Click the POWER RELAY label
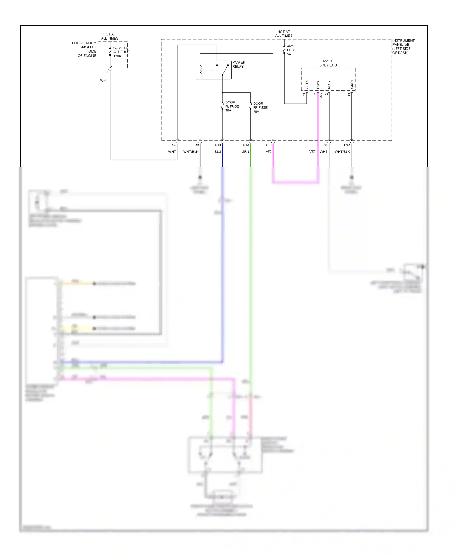pyautogui.click(x=239, y=64)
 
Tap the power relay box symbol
pyautogui.click(x=213, y=70)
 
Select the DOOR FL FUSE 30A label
pyautogui.click(x=232, y=106)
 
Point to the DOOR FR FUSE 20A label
pyautogui.click(x=260, y=108)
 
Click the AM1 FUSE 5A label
pyautogui.click(x=291, y=50)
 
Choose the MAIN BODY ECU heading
pyautogui.click(x=328, y=63)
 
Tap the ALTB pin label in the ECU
pyautogui.click(x=307, y=85)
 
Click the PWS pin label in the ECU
pyautogui.click(x=318, y=85)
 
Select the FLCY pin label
pyautogui.click(x=329, y=85)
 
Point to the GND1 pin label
pyautogui.click(x=352, y=84)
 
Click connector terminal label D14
pyautogui.click(x=218, y=145)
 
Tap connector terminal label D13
pyautogui.click(x=246, y=145)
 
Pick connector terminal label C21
pyautogui.click(x=269, y=145)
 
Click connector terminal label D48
pyautogui.click(x=347, y=145)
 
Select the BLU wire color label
pyautogui.click(x=218, y=151)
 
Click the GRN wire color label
pyautogui.click(x=245, y=151)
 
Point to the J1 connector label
pyautogui.click(x=106, y=72)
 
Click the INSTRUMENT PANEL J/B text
pyautogui.click(x=403, y=47)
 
